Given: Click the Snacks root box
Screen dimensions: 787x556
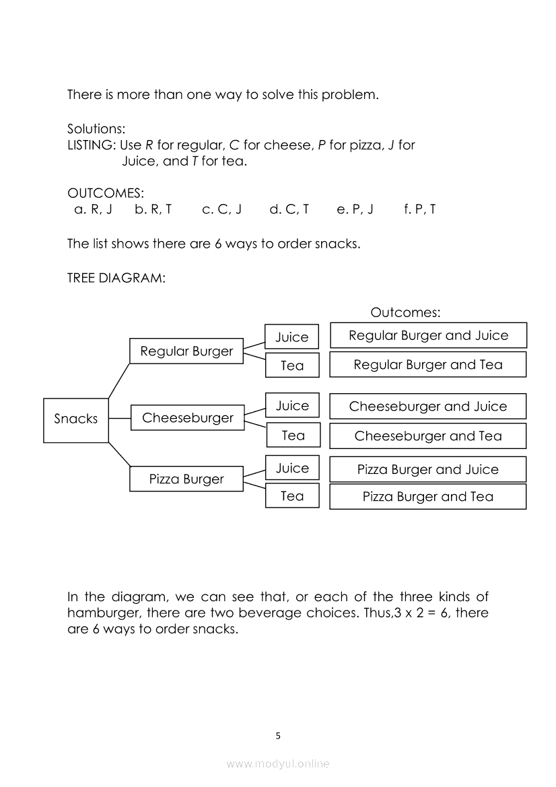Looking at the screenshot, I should click(75, 420).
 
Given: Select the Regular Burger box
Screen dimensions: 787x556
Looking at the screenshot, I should click(186, 351).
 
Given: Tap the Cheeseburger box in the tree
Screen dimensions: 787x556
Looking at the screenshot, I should click(187, 418).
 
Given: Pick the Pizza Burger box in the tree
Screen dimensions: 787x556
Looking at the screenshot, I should click(186, 479).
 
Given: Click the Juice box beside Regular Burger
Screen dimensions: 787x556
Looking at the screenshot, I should click(291, 337).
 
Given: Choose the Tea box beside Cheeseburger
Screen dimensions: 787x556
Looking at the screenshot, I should click(293, 436).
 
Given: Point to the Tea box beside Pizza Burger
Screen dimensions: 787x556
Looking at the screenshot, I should click(292, 496).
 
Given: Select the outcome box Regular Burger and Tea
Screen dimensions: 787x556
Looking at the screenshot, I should click(427, 365).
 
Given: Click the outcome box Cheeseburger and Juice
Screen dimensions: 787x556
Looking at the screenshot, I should click(427, 407).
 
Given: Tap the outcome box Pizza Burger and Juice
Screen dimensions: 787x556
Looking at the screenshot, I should click(427, 469).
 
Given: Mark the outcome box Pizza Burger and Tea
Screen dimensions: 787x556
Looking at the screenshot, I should click(427, 497).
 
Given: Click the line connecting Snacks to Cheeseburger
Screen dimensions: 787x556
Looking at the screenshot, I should click(119, 418).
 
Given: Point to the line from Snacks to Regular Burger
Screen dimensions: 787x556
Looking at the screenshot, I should click(118, 380).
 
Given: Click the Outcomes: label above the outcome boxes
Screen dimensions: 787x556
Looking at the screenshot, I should click(405, 312).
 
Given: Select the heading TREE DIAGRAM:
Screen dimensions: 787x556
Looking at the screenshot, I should click(116, 277).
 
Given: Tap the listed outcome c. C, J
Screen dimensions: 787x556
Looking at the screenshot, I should click(221, 209).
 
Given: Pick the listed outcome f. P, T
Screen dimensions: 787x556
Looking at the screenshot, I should click(419, 209).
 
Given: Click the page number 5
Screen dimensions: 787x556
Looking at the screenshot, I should click(278, 736).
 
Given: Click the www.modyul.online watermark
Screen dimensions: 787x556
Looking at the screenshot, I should click(278, 763).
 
